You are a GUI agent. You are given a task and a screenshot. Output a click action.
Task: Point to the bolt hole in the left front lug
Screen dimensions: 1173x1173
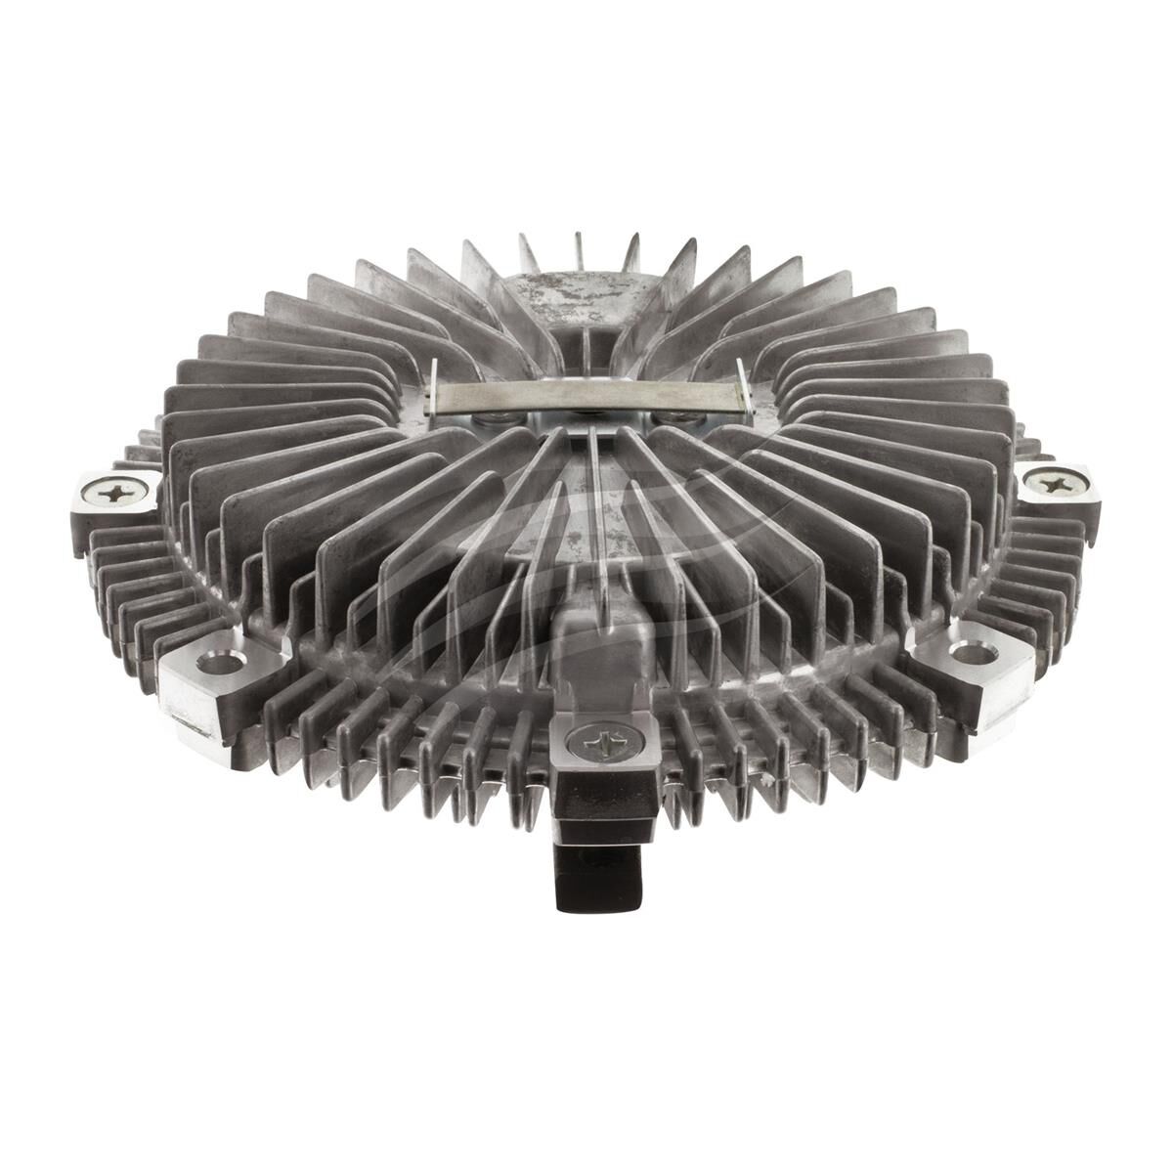click(x=220, y=664)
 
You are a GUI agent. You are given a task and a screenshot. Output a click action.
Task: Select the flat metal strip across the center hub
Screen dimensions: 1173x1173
click(x=585, y=396)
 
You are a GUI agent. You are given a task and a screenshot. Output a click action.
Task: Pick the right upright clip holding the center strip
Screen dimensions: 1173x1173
click(x=742, y=384)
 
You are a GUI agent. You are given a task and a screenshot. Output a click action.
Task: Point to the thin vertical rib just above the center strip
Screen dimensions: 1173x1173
click(x=586, y=352)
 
